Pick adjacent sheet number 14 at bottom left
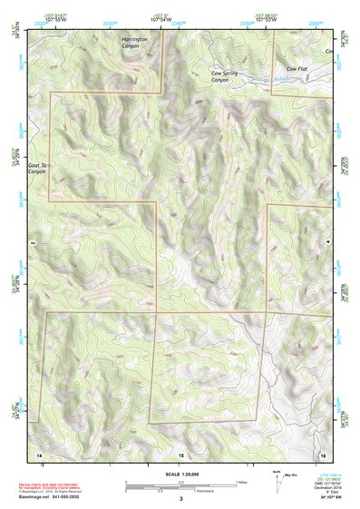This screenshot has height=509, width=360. [x=38, y=453]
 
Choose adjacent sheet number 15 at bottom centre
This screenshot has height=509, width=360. [x=180, y=453]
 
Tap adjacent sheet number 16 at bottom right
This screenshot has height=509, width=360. [x=322, y=453]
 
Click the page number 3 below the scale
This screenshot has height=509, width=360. [x=180, y=499]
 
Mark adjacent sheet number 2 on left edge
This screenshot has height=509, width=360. [x=33, y=243]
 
